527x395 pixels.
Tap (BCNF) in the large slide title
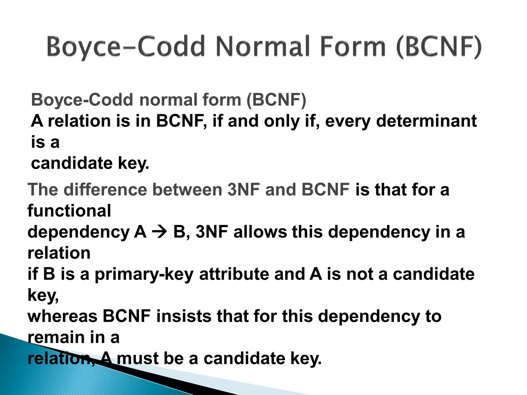point(438,47)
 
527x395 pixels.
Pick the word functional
point(69,211)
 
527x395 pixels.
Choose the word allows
point(260,232)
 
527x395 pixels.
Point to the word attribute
point(234,274)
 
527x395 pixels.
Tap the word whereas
point(62,316)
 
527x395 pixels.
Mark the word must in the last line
point(138,358)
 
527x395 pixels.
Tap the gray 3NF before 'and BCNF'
point(243,190)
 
